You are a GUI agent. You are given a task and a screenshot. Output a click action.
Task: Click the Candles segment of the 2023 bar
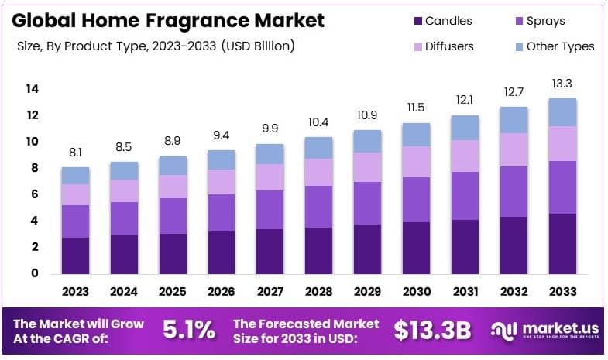pos(76,255)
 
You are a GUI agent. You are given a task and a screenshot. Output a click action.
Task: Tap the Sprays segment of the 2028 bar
pos(319,207)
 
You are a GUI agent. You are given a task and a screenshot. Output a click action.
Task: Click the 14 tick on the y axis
pos(32,89)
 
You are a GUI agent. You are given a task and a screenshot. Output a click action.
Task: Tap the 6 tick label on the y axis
pos(35,194)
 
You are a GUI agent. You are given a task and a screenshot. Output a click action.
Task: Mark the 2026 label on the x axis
pos(222,292)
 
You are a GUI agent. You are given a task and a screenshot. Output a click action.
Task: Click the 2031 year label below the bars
pos(465,292)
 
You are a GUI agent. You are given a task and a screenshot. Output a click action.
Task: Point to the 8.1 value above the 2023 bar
pos(76,153)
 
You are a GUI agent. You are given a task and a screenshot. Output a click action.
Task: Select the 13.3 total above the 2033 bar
pos(563,84)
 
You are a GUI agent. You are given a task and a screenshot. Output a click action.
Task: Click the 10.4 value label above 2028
pos(319,122)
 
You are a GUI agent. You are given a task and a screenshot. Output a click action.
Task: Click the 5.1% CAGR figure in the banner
pos(188,331)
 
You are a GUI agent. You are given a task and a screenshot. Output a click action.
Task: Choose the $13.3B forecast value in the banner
pos(431,331)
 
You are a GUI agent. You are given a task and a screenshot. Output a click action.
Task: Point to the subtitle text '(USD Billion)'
pos(258,46)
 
